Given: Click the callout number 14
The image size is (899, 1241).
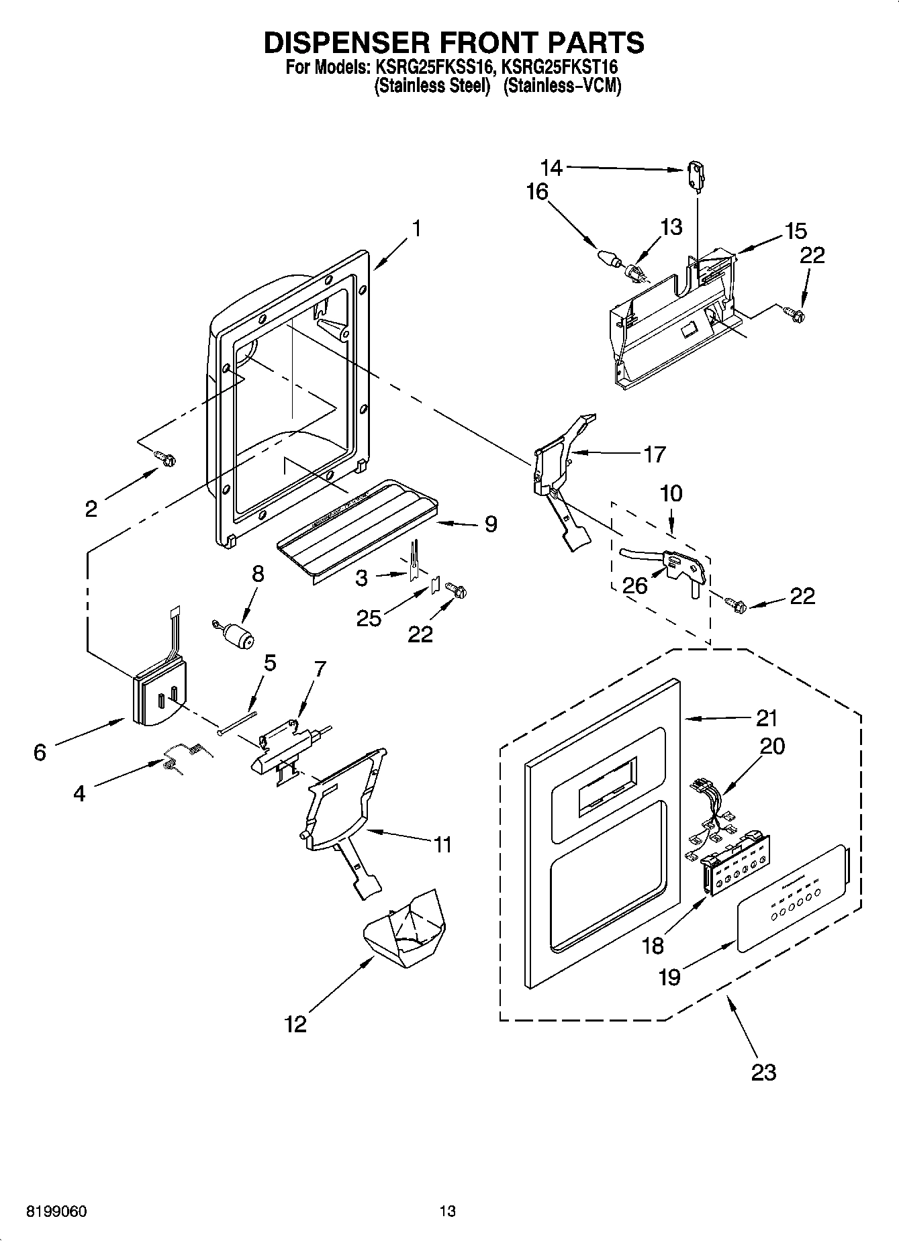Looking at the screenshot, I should pyautogui.click(x=552, y=166).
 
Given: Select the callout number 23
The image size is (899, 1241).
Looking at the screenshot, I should pyautogui.click(x=763, y=1072).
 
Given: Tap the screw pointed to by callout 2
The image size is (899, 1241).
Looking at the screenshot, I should pyautogui.click(x=166, y=458).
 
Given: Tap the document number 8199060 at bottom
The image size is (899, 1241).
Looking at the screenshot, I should pyautogui.click(x=56, y=1211).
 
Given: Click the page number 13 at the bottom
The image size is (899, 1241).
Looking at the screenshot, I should pyautogui.click(x=448, y=1211).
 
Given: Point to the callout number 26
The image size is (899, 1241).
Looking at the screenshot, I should pyautogui.click(x=634, y=585).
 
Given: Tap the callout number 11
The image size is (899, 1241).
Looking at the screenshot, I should pyautogui.click(x=442, y=844).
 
